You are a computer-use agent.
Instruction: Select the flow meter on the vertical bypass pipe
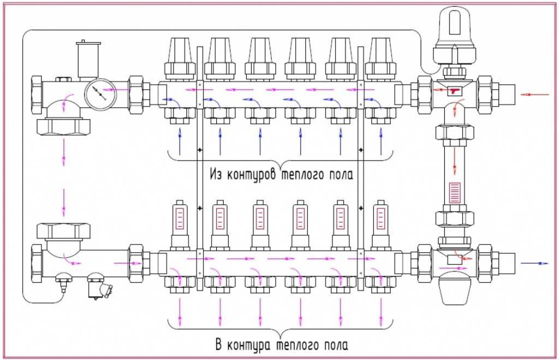454,193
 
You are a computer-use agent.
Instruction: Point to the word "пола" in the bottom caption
334,345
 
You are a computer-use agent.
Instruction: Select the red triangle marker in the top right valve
454,92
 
